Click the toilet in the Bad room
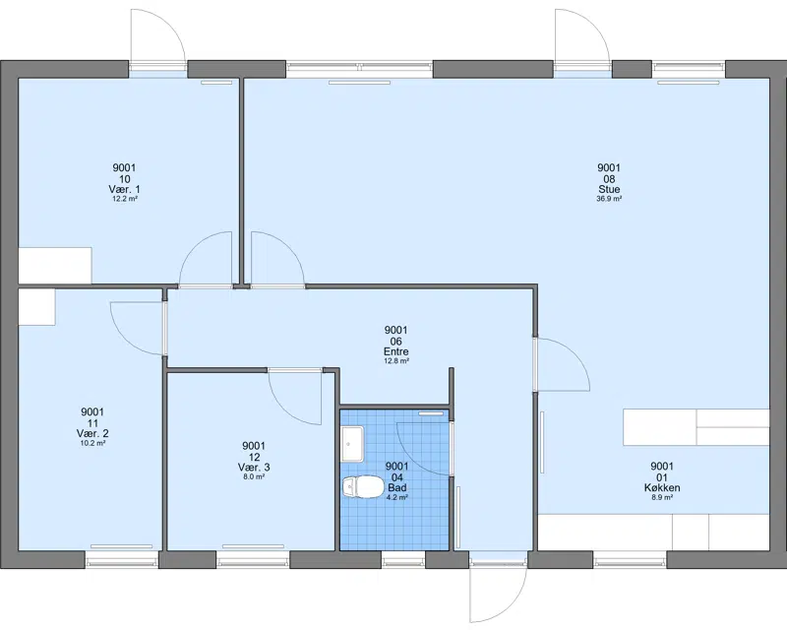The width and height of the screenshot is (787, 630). tap(362, 487)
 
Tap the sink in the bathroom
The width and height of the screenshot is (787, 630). tap(353, 444)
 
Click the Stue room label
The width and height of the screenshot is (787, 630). tap(609, 189)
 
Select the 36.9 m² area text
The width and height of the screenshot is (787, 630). tap(609, 199)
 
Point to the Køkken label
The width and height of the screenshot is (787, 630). tap(662, 488)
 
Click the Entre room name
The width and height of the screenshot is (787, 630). tap(396, 351)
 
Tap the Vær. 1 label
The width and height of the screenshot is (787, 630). tap(125, 189)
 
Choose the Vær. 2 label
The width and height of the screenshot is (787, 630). tap(92, 433)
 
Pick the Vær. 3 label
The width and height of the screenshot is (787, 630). tap(254, 468)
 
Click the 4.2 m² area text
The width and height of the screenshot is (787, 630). tap(396, 497)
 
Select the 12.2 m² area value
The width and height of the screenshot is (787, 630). tap(125, 199)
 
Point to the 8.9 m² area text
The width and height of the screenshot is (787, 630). tap(662, 497)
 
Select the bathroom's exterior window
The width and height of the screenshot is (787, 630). tap(403, 559)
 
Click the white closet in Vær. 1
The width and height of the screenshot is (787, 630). tap(55, 265)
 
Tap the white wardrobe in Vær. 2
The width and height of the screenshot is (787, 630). tap(36, 307)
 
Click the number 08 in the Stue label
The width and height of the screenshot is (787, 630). tap(609, 179)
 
